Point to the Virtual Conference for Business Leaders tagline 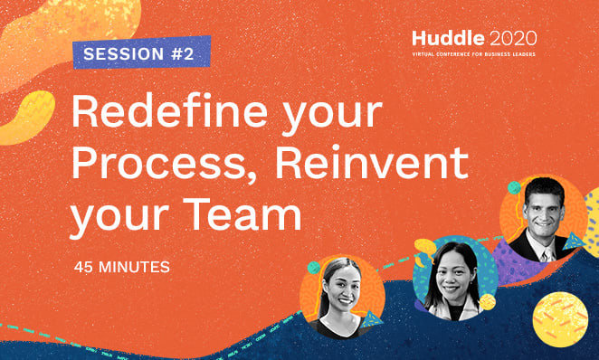click(x=474, y=55)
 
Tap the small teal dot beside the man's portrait click(x=514, y=187)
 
